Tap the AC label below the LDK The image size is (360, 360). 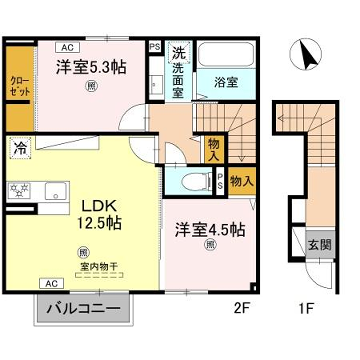tap(47, 283)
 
